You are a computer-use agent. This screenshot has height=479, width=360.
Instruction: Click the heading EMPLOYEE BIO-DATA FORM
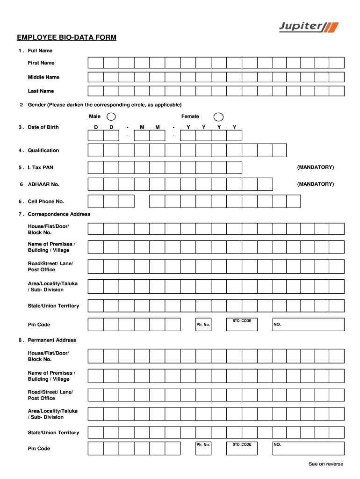66,37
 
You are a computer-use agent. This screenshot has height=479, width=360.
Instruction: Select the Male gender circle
112,116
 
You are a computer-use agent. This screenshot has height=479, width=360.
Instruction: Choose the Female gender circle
218,116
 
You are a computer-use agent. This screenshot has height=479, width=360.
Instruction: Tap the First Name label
41,63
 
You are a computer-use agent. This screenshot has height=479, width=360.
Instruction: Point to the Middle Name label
43,77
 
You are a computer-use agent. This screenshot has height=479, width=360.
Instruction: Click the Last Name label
41,91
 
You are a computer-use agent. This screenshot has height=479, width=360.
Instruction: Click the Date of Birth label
43,127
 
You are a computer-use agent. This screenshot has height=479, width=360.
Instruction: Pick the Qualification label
43,150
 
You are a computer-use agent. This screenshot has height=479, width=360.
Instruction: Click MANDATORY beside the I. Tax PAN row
315,167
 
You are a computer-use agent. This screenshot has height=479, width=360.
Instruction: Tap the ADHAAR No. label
43,184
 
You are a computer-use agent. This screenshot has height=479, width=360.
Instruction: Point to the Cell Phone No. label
46,202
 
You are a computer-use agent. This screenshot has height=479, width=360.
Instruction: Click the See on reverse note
325,464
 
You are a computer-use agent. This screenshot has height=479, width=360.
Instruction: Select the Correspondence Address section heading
59,214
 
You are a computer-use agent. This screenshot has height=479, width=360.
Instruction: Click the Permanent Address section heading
52,340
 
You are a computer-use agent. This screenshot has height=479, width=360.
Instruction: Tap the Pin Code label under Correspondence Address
39,325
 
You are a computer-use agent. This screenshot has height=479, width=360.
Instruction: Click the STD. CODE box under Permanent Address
242,448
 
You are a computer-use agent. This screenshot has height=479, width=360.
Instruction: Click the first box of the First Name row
95,63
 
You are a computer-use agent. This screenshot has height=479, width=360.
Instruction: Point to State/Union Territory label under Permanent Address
53,433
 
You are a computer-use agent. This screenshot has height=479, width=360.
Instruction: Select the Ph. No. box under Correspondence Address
203,325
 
